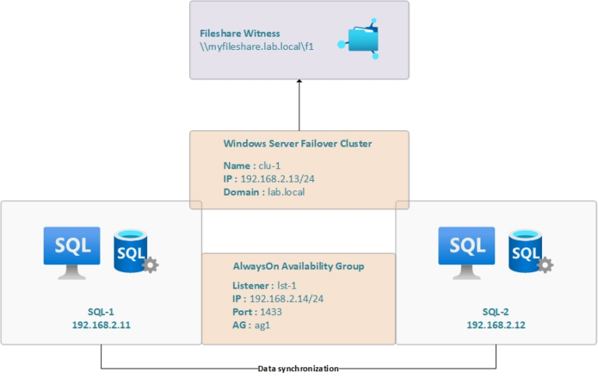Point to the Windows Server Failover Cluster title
[297, 143]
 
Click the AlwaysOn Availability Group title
[298, 267]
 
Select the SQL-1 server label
[102, 310]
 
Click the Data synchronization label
[299, 368]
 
